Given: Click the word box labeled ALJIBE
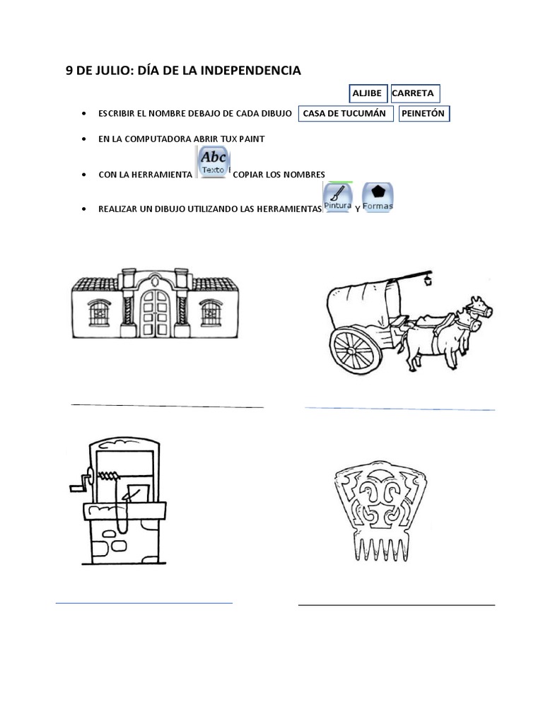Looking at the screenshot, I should click(x=368, y=93).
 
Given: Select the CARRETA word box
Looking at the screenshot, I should click(x=414, y=93).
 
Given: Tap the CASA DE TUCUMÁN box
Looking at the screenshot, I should click(x=346, y=113).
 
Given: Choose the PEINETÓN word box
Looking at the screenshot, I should click(x=424, y=113).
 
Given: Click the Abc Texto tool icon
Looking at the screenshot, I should click(x=213, y=162).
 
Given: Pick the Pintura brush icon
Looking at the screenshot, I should click(x=337, y=197).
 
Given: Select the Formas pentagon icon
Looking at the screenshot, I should click(x=378, y=197).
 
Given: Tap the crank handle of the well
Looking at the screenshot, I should click(x=76, y=486).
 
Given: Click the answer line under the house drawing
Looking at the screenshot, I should click(x=167, y=406).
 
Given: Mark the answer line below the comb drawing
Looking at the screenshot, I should click(x=396, y=605).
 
